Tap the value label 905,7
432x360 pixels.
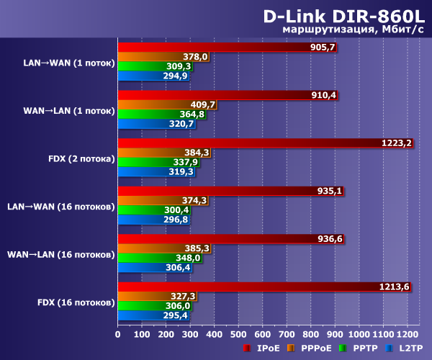tap(323, 48)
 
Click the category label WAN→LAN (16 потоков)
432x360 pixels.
tap(60, 253)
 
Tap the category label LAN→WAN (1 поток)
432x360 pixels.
tap(68, 62)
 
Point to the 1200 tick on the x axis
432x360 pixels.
tap(407, 333)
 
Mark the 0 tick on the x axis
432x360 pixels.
tap(118, 333)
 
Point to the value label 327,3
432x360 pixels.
tap(183, 296)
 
